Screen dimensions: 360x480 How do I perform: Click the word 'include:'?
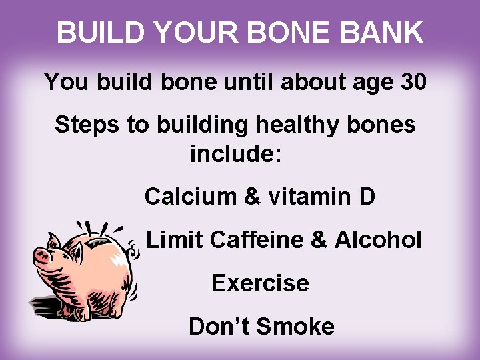(x=237, y=155)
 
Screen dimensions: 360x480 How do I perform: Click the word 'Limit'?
(x=173, y=239)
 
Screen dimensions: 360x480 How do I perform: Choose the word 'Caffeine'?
(x=256, y=239)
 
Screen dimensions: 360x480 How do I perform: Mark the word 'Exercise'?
(x=260, y=283)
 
